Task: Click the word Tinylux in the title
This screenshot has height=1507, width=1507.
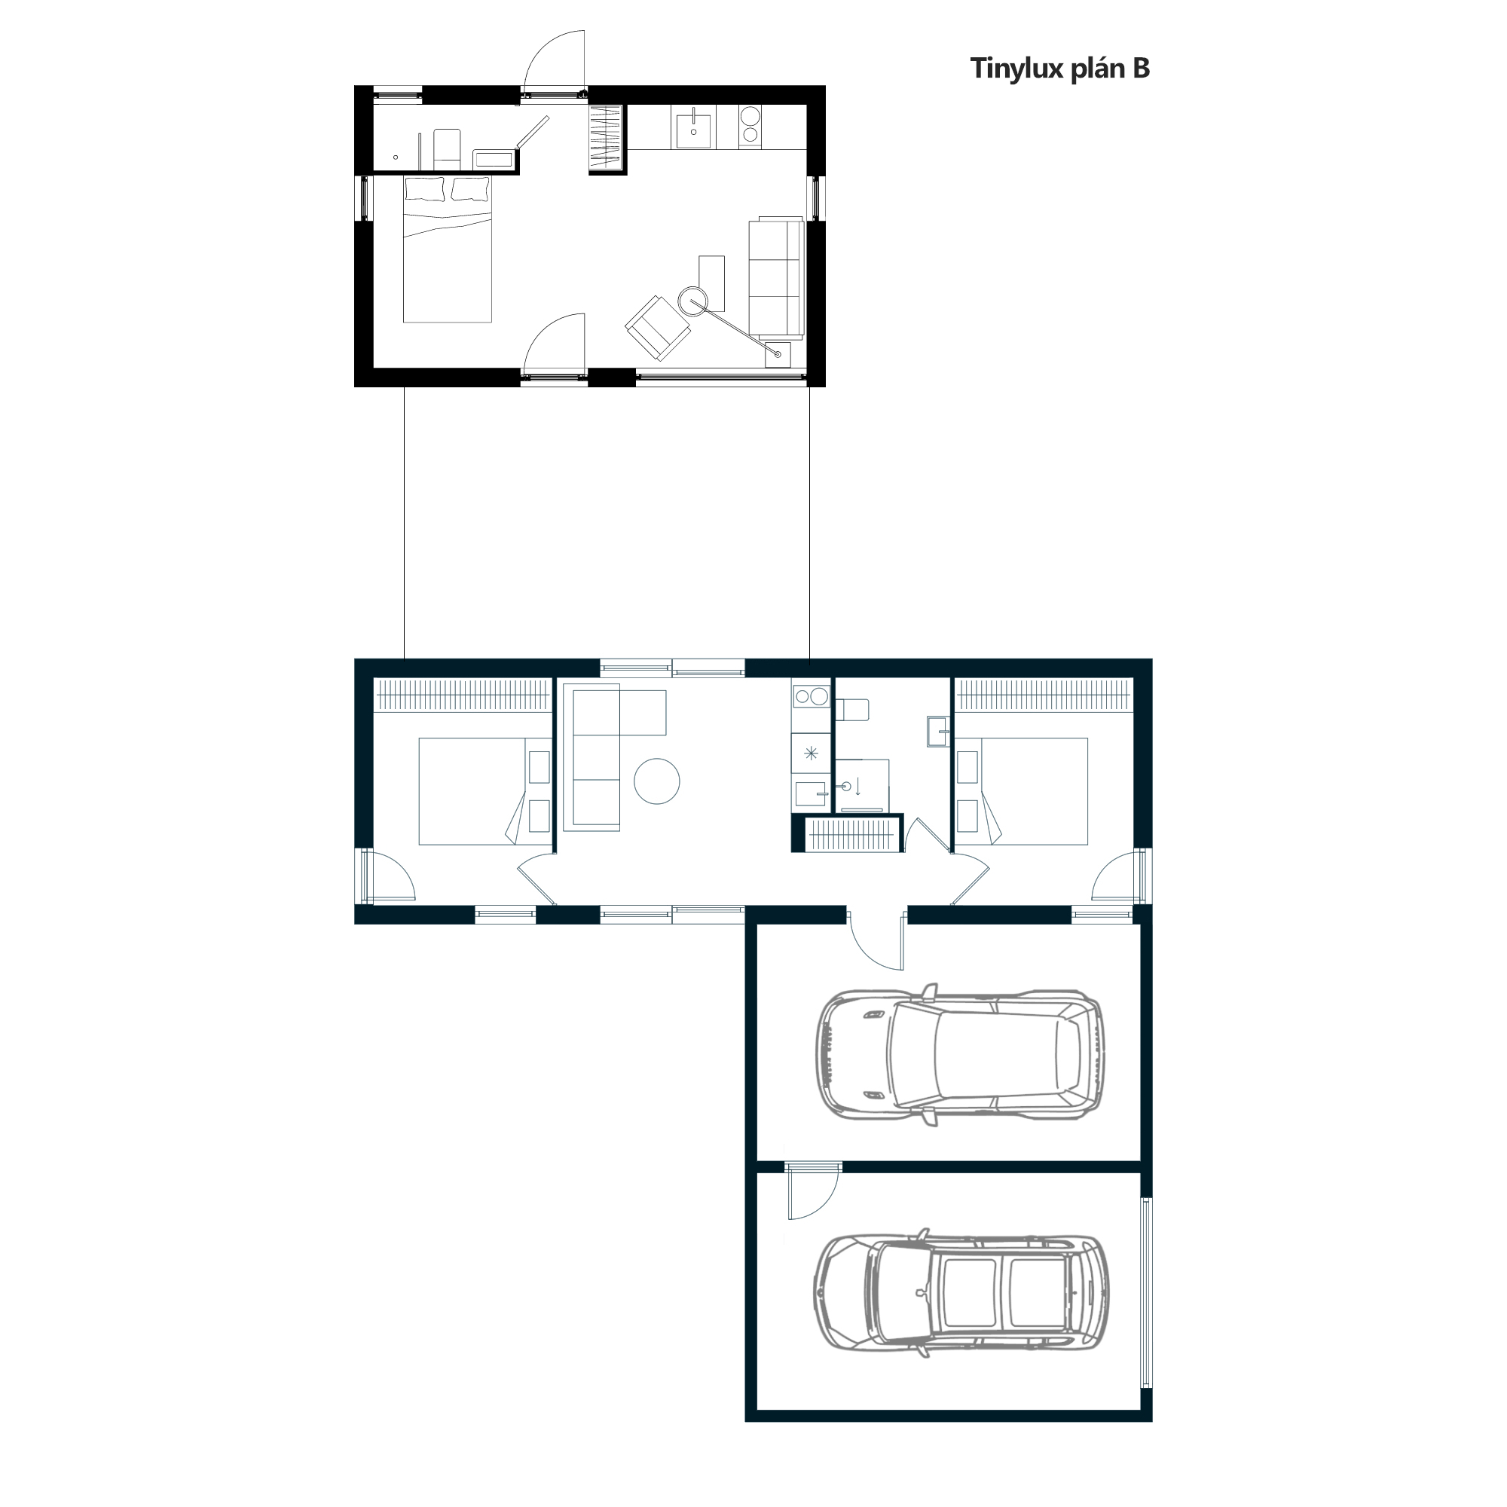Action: (x=1016, y=69)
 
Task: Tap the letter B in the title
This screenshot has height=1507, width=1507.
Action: (x=1141, y=69)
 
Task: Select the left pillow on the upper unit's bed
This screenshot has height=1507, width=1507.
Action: (x=424, y=189)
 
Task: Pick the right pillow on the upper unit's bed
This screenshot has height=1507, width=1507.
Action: (x=470, y=189)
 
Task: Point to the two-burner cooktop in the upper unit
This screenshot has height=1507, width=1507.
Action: (x=750, y=126)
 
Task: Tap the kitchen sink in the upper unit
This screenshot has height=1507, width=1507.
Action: (x=693, y=129)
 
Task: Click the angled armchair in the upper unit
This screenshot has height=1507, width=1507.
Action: (x=658, y=328)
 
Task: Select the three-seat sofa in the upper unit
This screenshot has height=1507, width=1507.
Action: (x=776, y=278)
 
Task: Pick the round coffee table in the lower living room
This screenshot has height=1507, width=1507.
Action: (x=657, y=781)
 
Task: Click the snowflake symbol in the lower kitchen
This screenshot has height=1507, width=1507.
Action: (x=812, y=753)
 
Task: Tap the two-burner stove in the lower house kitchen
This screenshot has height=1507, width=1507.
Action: (x=812, y=695)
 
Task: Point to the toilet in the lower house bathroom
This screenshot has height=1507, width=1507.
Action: (x=851, y=710)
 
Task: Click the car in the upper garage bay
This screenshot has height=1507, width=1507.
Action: (x=959, y=1055)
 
